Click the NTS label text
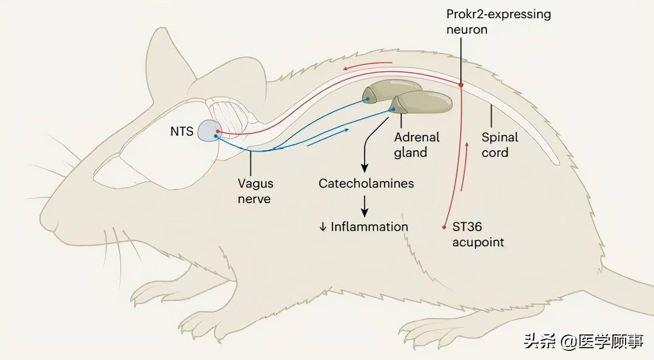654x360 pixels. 182,131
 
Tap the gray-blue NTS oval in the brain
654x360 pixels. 210,131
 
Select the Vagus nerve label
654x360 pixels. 255,191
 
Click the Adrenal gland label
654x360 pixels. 417,145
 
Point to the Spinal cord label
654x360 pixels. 499,145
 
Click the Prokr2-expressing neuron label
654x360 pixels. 498,22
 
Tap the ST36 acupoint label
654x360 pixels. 478,234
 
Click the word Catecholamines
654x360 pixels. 366,183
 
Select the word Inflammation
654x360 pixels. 369,227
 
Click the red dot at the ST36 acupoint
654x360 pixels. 444,227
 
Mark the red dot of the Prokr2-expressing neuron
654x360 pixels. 461,85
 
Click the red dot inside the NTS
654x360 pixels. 218,131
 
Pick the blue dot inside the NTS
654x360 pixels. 216,136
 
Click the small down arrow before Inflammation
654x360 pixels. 323,227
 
